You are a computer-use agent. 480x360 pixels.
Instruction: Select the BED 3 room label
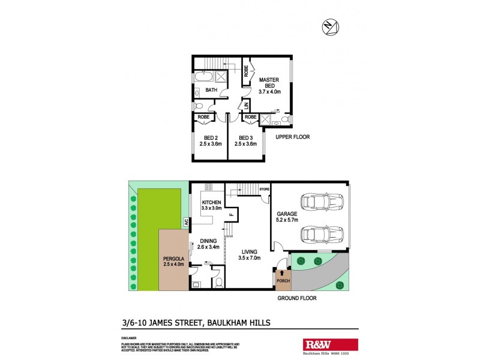tap(246, 140)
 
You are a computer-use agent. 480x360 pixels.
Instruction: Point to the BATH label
tap(211, 91)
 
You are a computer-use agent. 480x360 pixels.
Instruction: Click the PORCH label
tap(282, 280)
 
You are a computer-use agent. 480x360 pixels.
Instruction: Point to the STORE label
tap(265, 190)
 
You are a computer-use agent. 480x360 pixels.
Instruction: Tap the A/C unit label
tap(187, 221)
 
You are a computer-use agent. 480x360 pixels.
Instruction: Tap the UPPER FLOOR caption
tap(292, 137)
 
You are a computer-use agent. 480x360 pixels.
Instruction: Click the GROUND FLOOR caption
tap(296, 298)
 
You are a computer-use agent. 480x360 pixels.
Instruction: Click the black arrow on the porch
tap(282, 273)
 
